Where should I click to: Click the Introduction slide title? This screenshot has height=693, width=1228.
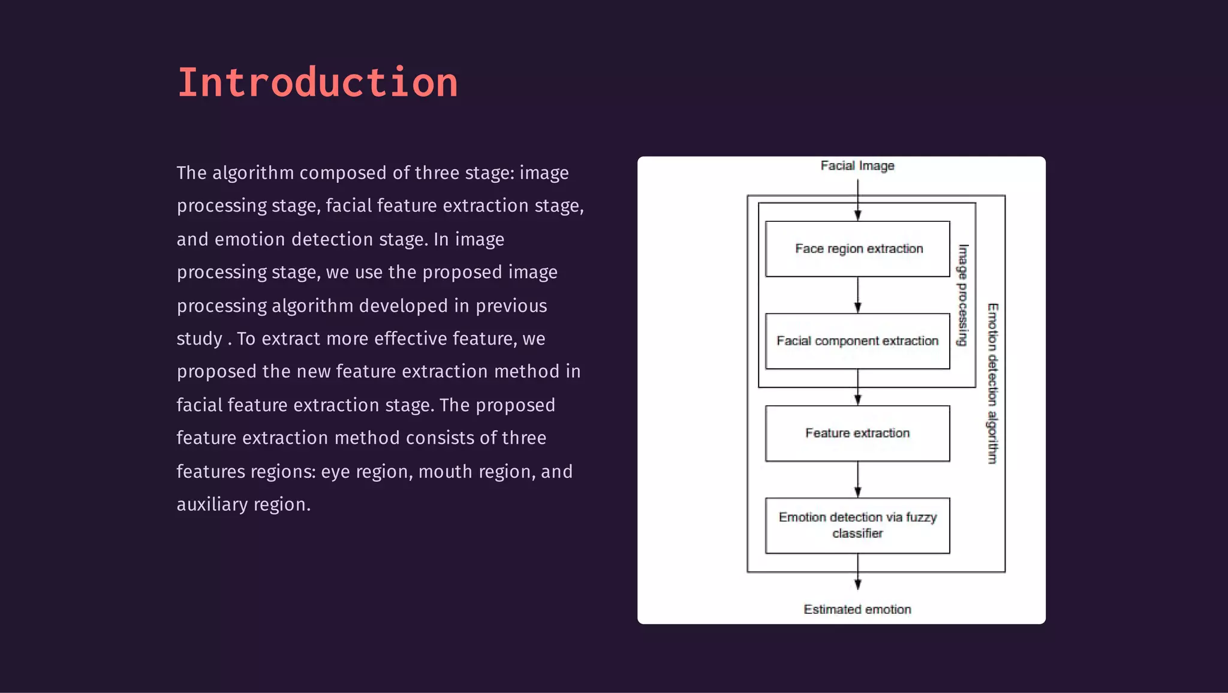tap(317, 82)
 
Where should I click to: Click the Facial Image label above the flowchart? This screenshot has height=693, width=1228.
tap(857, 165)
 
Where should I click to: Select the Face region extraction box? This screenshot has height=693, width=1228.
tap(857, 249)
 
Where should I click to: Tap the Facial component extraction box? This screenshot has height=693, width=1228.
tap(857, 341)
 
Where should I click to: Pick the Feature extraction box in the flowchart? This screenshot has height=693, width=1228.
tap(857, 433)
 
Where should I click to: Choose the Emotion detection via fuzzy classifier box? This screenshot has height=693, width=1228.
tap(857, 525)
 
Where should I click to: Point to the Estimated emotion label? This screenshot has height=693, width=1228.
tap(857, 610)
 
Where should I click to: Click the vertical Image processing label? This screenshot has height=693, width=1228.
tap(962, 295)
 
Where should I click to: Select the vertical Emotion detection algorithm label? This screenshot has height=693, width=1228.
tap(993, 384)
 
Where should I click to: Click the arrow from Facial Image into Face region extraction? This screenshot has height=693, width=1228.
tap(857, 201)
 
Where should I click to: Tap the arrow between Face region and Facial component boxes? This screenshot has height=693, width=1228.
tap(857, 295)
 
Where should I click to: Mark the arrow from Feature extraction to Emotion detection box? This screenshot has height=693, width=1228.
tap(857, 480)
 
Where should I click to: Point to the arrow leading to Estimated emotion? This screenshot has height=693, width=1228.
tap(857, 573)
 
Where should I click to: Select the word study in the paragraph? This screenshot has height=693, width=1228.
tap(200, 339)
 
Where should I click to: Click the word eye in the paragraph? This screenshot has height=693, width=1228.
tap(335, 472)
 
